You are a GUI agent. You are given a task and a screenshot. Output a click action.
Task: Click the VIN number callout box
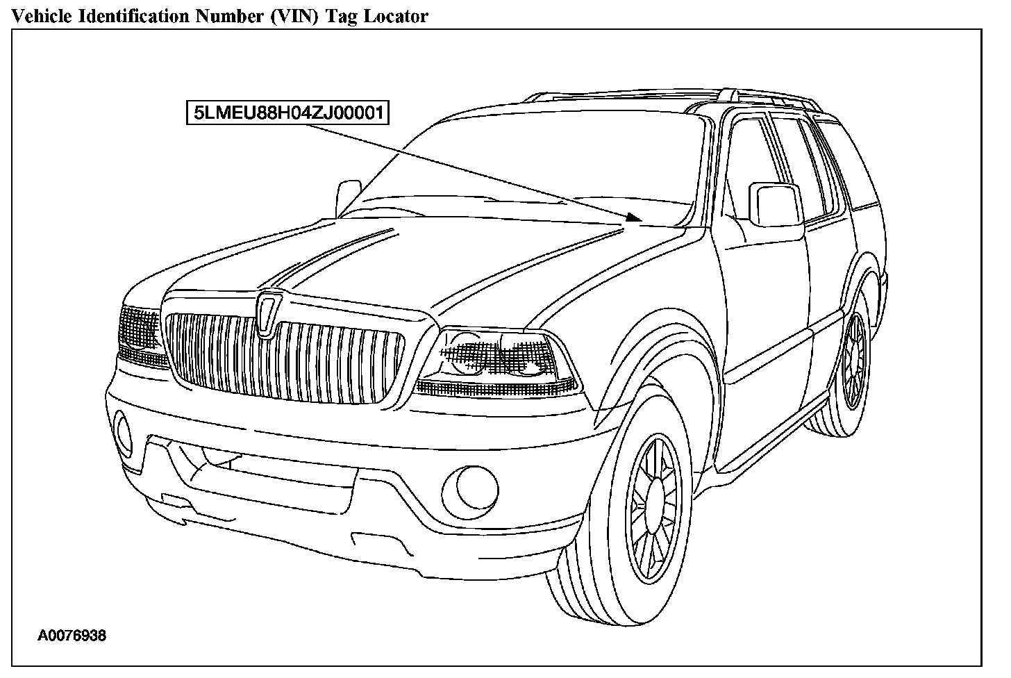287,113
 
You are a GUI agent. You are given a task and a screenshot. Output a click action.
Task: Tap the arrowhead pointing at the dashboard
633,217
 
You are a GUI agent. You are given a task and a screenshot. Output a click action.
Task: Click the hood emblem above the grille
267,314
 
